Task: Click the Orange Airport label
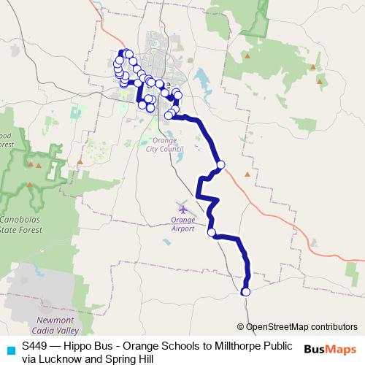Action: click(x=182, y=223)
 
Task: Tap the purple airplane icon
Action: click(x=182, y=206)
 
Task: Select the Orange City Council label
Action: click(x=165, y=143)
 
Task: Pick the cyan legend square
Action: click(x=9, y=349)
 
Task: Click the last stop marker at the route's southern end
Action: click(x=245, y=292)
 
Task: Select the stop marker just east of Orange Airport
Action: click(x=212, y=233)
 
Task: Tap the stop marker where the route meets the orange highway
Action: click(x=220, y=164)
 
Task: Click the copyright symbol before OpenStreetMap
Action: click(x=242, y=327)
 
